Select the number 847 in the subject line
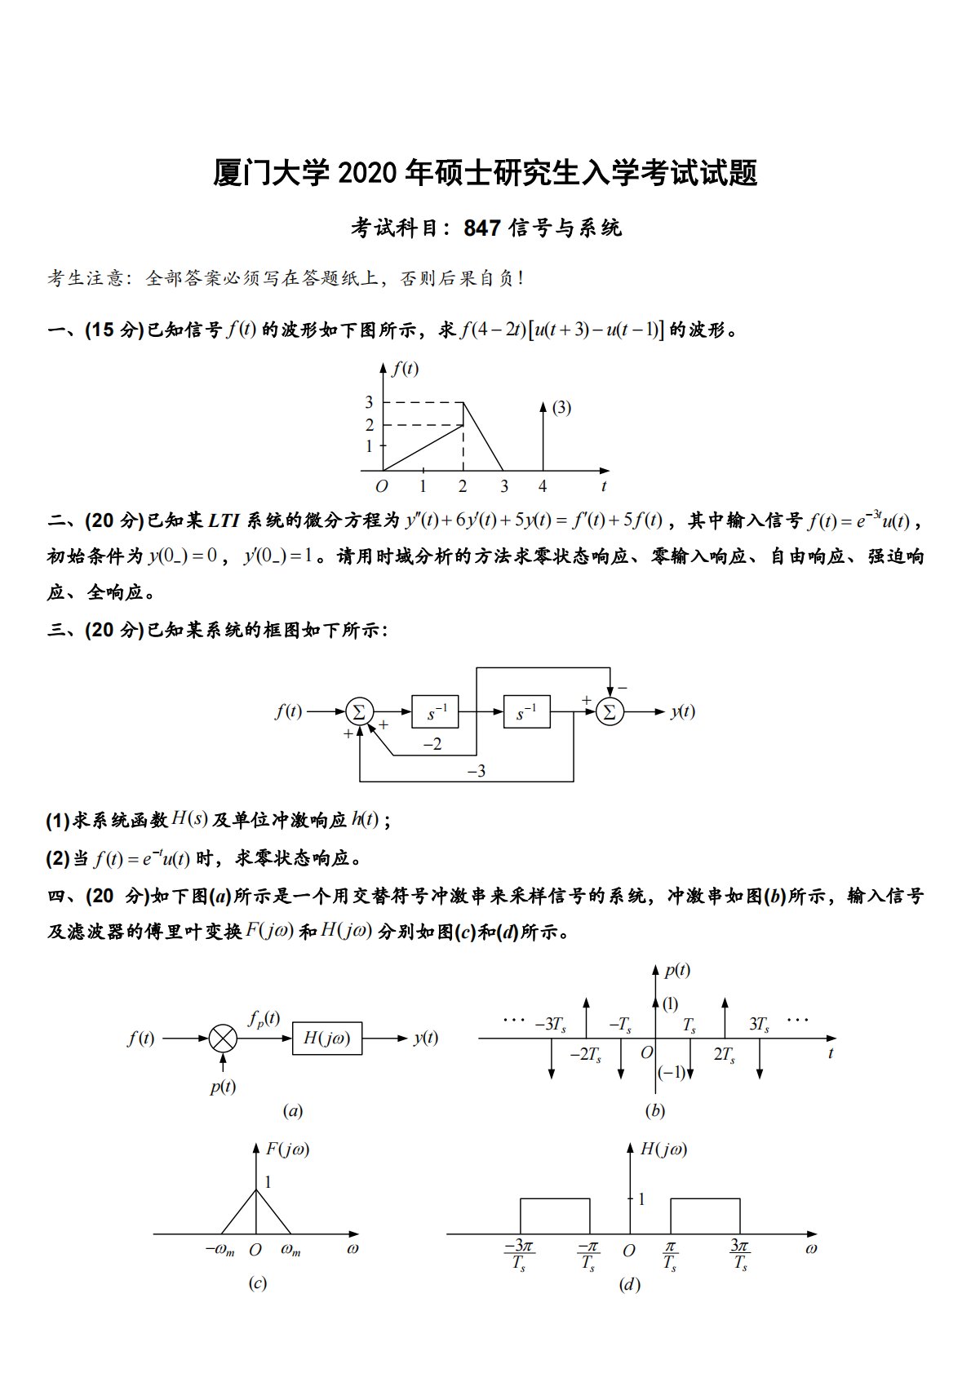click(481, 228)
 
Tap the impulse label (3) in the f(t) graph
click(561, 408)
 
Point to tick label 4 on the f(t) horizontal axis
click(543, 487)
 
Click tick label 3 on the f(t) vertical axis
click(369, 402)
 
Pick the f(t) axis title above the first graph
click(405, 369)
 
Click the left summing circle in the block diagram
click(358, 711)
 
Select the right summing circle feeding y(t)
click(609, 711)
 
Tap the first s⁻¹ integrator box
click(435, 712)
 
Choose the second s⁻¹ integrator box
click(526, 712)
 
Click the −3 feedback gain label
click(476, 770)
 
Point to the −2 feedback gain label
click(432, 744)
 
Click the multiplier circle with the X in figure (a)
click(223, 1039)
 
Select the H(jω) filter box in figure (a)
click(327, 1039)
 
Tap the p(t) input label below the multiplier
click(223, 1087)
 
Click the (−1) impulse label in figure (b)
click(672, 1073)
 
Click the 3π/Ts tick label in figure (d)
click(740, 1255)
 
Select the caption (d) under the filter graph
click(629, 1285)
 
